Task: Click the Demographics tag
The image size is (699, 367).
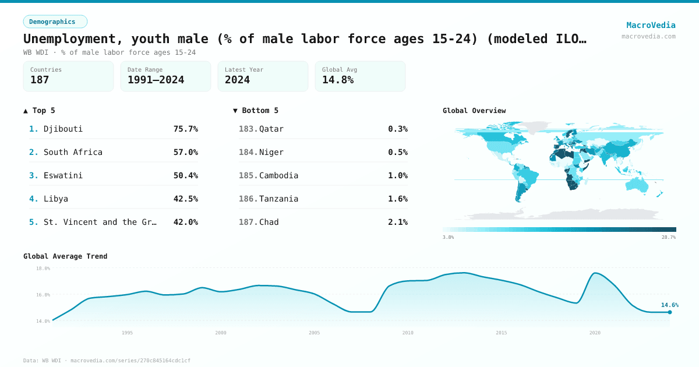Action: (55, 22)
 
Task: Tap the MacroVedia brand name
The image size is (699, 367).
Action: (651, 25)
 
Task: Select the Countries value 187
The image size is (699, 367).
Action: (40, 80)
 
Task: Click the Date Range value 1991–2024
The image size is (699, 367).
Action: (156, 80)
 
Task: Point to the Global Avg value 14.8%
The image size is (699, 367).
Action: (338, 80)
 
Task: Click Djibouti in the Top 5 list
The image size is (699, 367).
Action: (63, 129)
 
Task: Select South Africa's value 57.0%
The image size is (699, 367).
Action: (185, 152)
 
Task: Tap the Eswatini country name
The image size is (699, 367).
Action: (63, 175)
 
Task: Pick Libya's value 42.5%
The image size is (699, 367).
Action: (185, 199)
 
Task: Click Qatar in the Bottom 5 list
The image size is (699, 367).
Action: (271, 129)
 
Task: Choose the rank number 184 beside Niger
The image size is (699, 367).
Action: (248, 152)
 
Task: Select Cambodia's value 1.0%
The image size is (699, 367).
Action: (397, 175)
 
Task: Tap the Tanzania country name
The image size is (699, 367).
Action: (278, 199)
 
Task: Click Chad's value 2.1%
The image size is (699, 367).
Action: (397, 222)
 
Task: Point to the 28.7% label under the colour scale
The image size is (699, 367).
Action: (668, 238)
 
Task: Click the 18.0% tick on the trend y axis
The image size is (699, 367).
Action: (43, 269)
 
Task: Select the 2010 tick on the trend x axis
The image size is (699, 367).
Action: (408, 333)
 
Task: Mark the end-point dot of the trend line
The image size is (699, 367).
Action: (669, 312)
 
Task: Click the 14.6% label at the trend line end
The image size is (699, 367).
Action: (669, 305)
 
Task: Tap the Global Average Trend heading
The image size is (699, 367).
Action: (65, 256)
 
